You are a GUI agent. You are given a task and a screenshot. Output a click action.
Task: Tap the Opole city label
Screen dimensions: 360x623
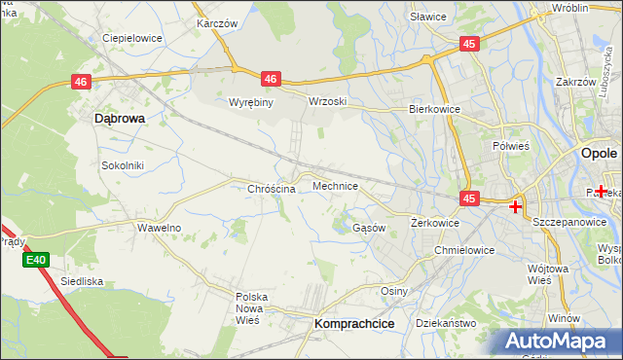pos(599,154)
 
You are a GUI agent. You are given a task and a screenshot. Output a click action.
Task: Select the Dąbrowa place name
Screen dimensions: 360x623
pos(119,118)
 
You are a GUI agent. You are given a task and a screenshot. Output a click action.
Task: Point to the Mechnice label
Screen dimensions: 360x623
pos(335,186)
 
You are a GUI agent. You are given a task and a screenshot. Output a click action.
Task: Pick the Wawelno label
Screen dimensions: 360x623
pos(159,228)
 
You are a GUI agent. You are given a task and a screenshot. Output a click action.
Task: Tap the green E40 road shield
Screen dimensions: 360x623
pos(36,260)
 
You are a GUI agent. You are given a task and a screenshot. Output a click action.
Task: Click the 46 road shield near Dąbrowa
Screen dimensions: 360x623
pos(82,84)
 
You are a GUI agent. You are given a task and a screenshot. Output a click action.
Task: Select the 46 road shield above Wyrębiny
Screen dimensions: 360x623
pos(271,79)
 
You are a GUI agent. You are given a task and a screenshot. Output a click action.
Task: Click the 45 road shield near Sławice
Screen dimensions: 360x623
pos(469,44)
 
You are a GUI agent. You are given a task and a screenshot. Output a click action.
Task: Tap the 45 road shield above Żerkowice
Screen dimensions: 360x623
pos(469,198)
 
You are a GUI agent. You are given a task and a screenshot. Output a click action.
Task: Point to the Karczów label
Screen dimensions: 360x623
pos(217,22)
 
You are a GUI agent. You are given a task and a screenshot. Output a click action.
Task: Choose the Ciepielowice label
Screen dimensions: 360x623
pos(132,39)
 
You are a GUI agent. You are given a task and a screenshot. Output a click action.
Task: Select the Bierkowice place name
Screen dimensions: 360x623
pos(434,110)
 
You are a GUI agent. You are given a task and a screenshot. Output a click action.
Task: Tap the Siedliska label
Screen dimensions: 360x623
pos(82,281)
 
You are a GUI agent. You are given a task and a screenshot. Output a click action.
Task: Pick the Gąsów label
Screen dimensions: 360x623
pos(369,228)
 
